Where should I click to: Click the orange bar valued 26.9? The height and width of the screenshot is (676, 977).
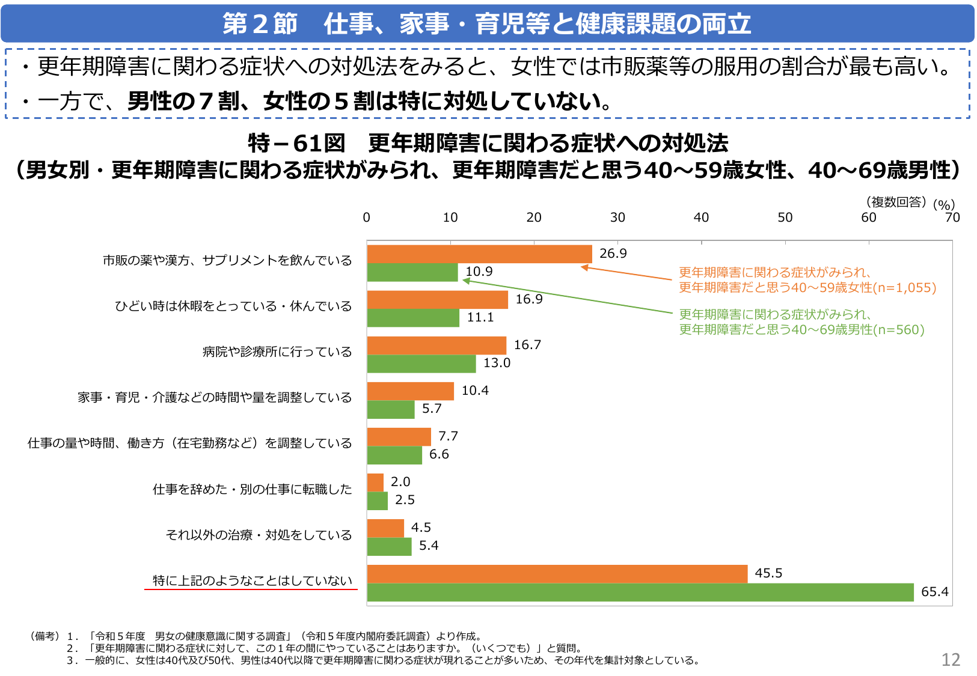point(479,254)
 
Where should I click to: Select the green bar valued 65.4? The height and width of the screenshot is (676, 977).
point(640,592)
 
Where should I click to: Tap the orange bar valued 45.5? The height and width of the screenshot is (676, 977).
point(557,574)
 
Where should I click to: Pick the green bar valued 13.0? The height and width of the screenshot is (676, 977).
point(421,364)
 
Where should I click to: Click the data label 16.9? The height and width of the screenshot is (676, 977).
point(529,299)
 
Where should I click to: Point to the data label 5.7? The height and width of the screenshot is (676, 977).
point(432,409)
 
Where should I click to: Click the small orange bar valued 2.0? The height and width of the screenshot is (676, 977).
point(375,483)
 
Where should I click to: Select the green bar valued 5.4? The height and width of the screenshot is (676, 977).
point(389,546)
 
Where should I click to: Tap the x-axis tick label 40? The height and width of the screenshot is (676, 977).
point(701,218)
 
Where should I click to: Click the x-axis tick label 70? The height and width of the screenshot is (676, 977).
point(952,218)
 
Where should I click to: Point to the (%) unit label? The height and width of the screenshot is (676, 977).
point(944,205)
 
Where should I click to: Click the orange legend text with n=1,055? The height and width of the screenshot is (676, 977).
point(807,280)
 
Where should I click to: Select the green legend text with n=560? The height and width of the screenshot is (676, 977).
point(801,322)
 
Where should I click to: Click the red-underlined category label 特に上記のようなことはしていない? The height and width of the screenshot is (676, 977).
point(252,580)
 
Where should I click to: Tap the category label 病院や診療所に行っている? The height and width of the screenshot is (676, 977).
point(277,352)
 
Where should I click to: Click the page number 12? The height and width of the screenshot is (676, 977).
point(951,660)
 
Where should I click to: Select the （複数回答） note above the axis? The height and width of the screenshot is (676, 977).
point(896,202)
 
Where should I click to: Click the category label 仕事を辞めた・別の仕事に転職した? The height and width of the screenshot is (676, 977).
point(252,489)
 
